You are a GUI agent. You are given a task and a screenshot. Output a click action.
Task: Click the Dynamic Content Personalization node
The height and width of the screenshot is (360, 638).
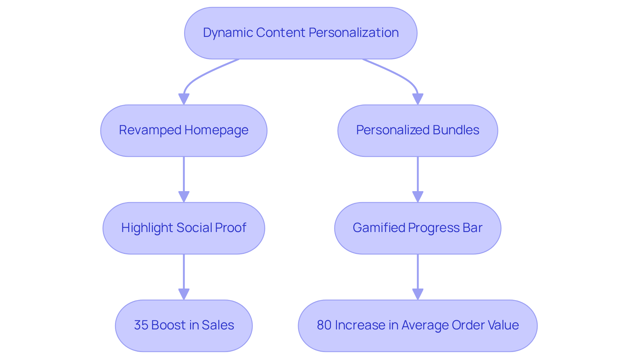pyautogui.click(x=301, y=33)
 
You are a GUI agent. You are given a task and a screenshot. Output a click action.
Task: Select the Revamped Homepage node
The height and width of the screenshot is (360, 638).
pyautogui.click(x=184, y=131)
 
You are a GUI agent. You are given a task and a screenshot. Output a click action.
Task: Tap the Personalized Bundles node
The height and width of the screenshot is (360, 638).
pyautogui.click(x=418, y=131)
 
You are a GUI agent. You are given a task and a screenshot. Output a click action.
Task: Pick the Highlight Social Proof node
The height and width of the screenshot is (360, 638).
pyautogui.click(x=184, y=228)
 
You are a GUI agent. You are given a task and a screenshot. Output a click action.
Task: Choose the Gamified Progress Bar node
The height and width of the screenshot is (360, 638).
pyautogui.click(x=418, y=228)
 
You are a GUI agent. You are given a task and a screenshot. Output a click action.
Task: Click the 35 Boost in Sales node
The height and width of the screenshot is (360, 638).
pyautogui.click(x=184, y=326)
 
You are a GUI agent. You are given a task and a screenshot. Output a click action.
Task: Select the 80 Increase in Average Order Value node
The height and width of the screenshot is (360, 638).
pyautogui.click(x=418, y=326)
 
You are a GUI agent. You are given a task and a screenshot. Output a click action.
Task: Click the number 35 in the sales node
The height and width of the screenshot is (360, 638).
pyautogui.click(x=141, y=325)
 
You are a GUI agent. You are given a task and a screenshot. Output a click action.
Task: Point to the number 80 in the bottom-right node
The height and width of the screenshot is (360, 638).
pyautogui.click(x=324, y=325)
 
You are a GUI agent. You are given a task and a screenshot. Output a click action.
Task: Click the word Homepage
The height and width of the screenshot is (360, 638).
pyautogui.click(x=216, y=130)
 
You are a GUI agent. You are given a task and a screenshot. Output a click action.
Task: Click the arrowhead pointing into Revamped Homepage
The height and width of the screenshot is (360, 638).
pyautogui.click(x=184, y=99)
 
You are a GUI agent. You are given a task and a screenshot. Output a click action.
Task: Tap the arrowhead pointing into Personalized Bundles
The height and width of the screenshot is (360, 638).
pyautogui.click(x=418, y=99)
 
